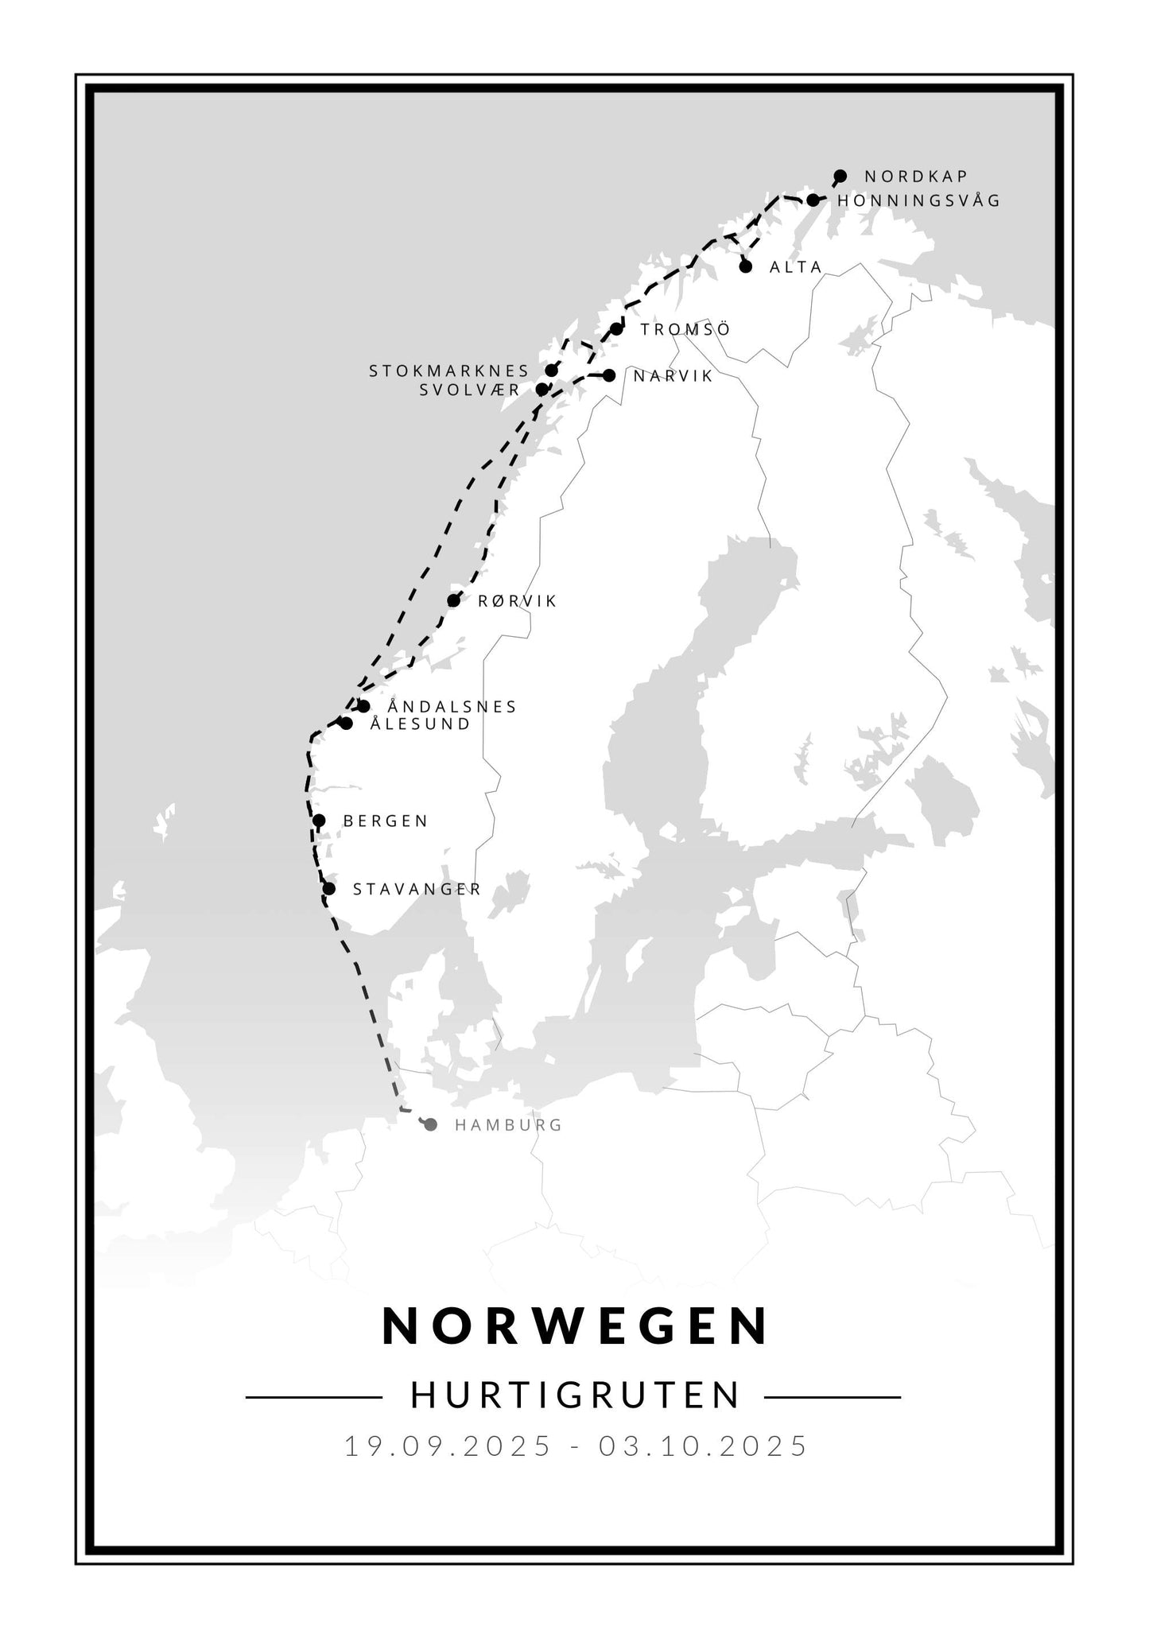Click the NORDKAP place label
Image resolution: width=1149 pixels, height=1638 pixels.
[x=916, y=177]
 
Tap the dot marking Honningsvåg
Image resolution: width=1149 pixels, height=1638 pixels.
[x=813, y=200]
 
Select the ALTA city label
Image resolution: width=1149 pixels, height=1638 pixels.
[x=795, y=267]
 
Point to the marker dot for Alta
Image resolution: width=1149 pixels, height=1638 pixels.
[x=746, y=266]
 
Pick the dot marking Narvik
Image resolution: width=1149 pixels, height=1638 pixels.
[x=609, y=375]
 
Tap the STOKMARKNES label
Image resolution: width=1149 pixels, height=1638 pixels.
[x=449, y=371]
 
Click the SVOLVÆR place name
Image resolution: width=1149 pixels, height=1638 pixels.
[x=470, y=390]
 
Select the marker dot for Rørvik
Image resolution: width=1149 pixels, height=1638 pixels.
[x=454, y=600]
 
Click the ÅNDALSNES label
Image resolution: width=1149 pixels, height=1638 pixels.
[x=452, y=707]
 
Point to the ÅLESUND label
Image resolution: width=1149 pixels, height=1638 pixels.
[x=421, y=724]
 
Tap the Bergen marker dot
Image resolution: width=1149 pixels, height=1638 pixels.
[x=319, y=821]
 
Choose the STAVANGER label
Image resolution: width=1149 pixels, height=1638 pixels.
[x=417, y=889]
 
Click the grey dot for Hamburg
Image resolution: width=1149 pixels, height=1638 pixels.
[x=431, y=1124]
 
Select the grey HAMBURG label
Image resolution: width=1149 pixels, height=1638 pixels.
[x=508, y=1125]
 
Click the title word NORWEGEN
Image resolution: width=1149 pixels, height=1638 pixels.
[x=576, y=1326]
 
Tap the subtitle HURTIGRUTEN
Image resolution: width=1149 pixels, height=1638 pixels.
[x=576, y=1395]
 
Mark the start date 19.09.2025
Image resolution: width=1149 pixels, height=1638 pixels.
[x=448, y=1446]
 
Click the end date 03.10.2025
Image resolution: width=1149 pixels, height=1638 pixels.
[x=704, y=1446]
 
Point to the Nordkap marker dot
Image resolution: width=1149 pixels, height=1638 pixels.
[x=840, y=176]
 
